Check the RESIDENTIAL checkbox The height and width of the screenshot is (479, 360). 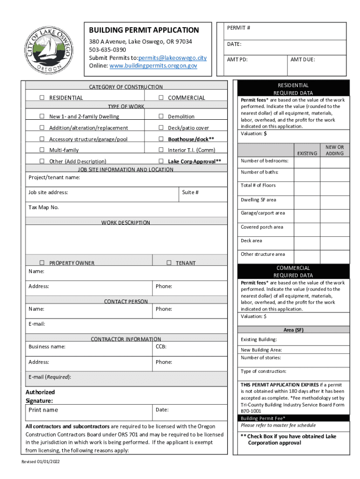(x=42, y=98)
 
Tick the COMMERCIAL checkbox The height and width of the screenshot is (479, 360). (x=160, y=98)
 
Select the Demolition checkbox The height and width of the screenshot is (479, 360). (x=160, y=116)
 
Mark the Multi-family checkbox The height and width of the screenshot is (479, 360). (x=42, y=150)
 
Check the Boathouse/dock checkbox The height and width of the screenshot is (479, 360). (x=160, y=139)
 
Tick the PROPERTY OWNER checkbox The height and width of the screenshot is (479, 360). (x=42, y=263)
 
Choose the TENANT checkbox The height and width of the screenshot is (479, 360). (x=169, y=263)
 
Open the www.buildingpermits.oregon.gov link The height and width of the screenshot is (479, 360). (x=153, y=66)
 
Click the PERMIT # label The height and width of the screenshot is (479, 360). (x=238, y=28)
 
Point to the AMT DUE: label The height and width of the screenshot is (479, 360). (x=302, y=60)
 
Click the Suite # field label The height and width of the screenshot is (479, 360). (x=190, y=192)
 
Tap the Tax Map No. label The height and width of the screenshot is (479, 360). (x=43, y=207)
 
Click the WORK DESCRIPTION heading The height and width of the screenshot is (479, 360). (x=126, y=223)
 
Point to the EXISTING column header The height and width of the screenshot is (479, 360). (x=307, y=153)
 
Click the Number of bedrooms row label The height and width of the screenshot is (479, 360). (x=264, y=161)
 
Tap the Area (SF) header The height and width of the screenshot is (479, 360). (x=293, y=330)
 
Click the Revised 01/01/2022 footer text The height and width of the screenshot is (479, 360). (x=41, y=462)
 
